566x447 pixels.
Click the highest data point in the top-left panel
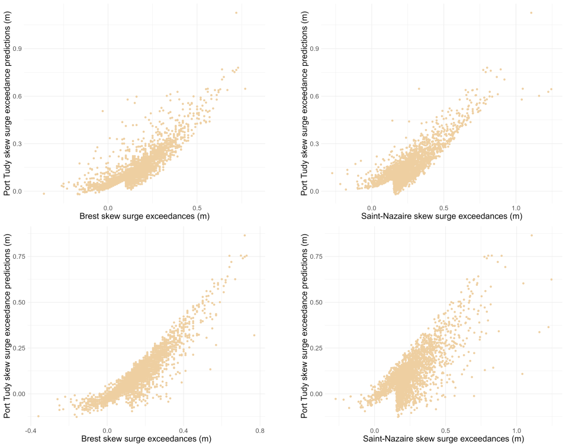(x=236, y=12)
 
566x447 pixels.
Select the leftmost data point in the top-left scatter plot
(x=44, y=194)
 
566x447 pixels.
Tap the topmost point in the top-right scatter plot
(x=531, y=12)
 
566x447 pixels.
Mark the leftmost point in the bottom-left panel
(x=38, y=416)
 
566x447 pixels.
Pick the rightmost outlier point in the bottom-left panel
(x=254, y=335)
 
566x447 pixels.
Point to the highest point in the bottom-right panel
(x=532, y=236)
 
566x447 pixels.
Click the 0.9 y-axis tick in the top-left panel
(x=17, y=49)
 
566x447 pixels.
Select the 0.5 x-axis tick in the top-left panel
(x=197, y=208)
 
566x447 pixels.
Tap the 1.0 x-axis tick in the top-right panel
(x=516, y=208)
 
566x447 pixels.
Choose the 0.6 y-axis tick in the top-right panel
(x=314, y=97)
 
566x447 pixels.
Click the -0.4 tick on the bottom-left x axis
(x=31, y=430)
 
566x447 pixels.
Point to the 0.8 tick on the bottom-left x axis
(x=260, y=430)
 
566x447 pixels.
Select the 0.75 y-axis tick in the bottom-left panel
(x=19, y=256)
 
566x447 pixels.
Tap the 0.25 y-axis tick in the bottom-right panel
(x=316, y=348)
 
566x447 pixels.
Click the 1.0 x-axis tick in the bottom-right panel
(x=517, y=430)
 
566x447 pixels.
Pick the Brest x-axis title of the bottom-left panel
(x=146, y=439)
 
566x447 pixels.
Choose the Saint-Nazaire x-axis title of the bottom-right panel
(x=443, y=439)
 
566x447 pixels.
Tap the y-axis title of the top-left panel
(x=7, y=104)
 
